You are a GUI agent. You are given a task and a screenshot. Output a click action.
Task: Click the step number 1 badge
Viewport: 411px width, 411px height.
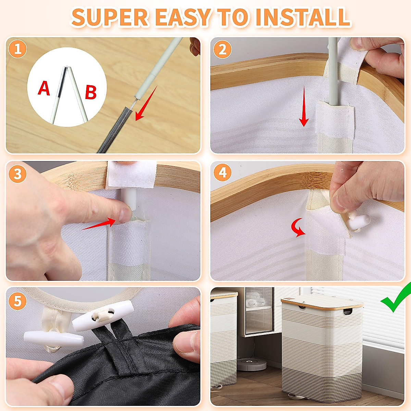pyautogui.click(x=17, y=49)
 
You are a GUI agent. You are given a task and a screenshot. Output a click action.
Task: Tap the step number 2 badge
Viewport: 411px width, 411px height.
pyautogui.click(x=223, y=50)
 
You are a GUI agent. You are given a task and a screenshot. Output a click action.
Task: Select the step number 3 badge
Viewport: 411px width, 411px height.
pyautogui.click(x=17, y=174)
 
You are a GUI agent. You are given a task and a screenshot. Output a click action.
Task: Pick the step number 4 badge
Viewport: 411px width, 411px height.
pyautogui.click(x=223, y=173)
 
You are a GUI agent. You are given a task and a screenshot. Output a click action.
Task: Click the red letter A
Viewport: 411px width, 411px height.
pyautogui.click(x=44, y=88)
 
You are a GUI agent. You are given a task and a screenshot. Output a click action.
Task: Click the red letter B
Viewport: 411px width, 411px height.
pyautogui.click(x=91, y=92)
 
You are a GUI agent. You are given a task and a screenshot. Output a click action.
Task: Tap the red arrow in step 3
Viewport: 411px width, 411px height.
pyautogui.click(x=99, y=224)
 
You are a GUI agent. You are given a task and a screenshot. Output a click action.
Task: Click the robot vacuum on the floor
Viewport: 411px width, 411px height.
pyautogui.click(x=252, y=364)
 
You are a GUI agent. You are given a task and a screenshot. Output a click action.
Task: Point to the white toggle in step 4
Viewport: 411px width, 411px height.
pyautogui.click(x=359, y=222)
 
